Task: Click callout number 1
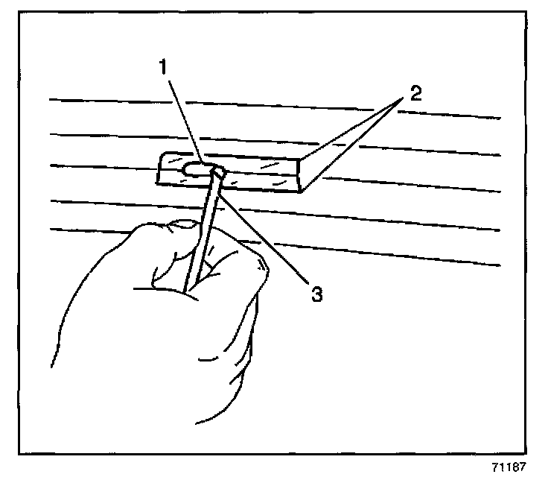(161, 69)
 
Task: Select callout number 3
(316, 294)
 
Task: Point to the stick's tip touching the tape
(218, 172)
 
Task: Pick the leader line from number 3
(268, 235)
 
